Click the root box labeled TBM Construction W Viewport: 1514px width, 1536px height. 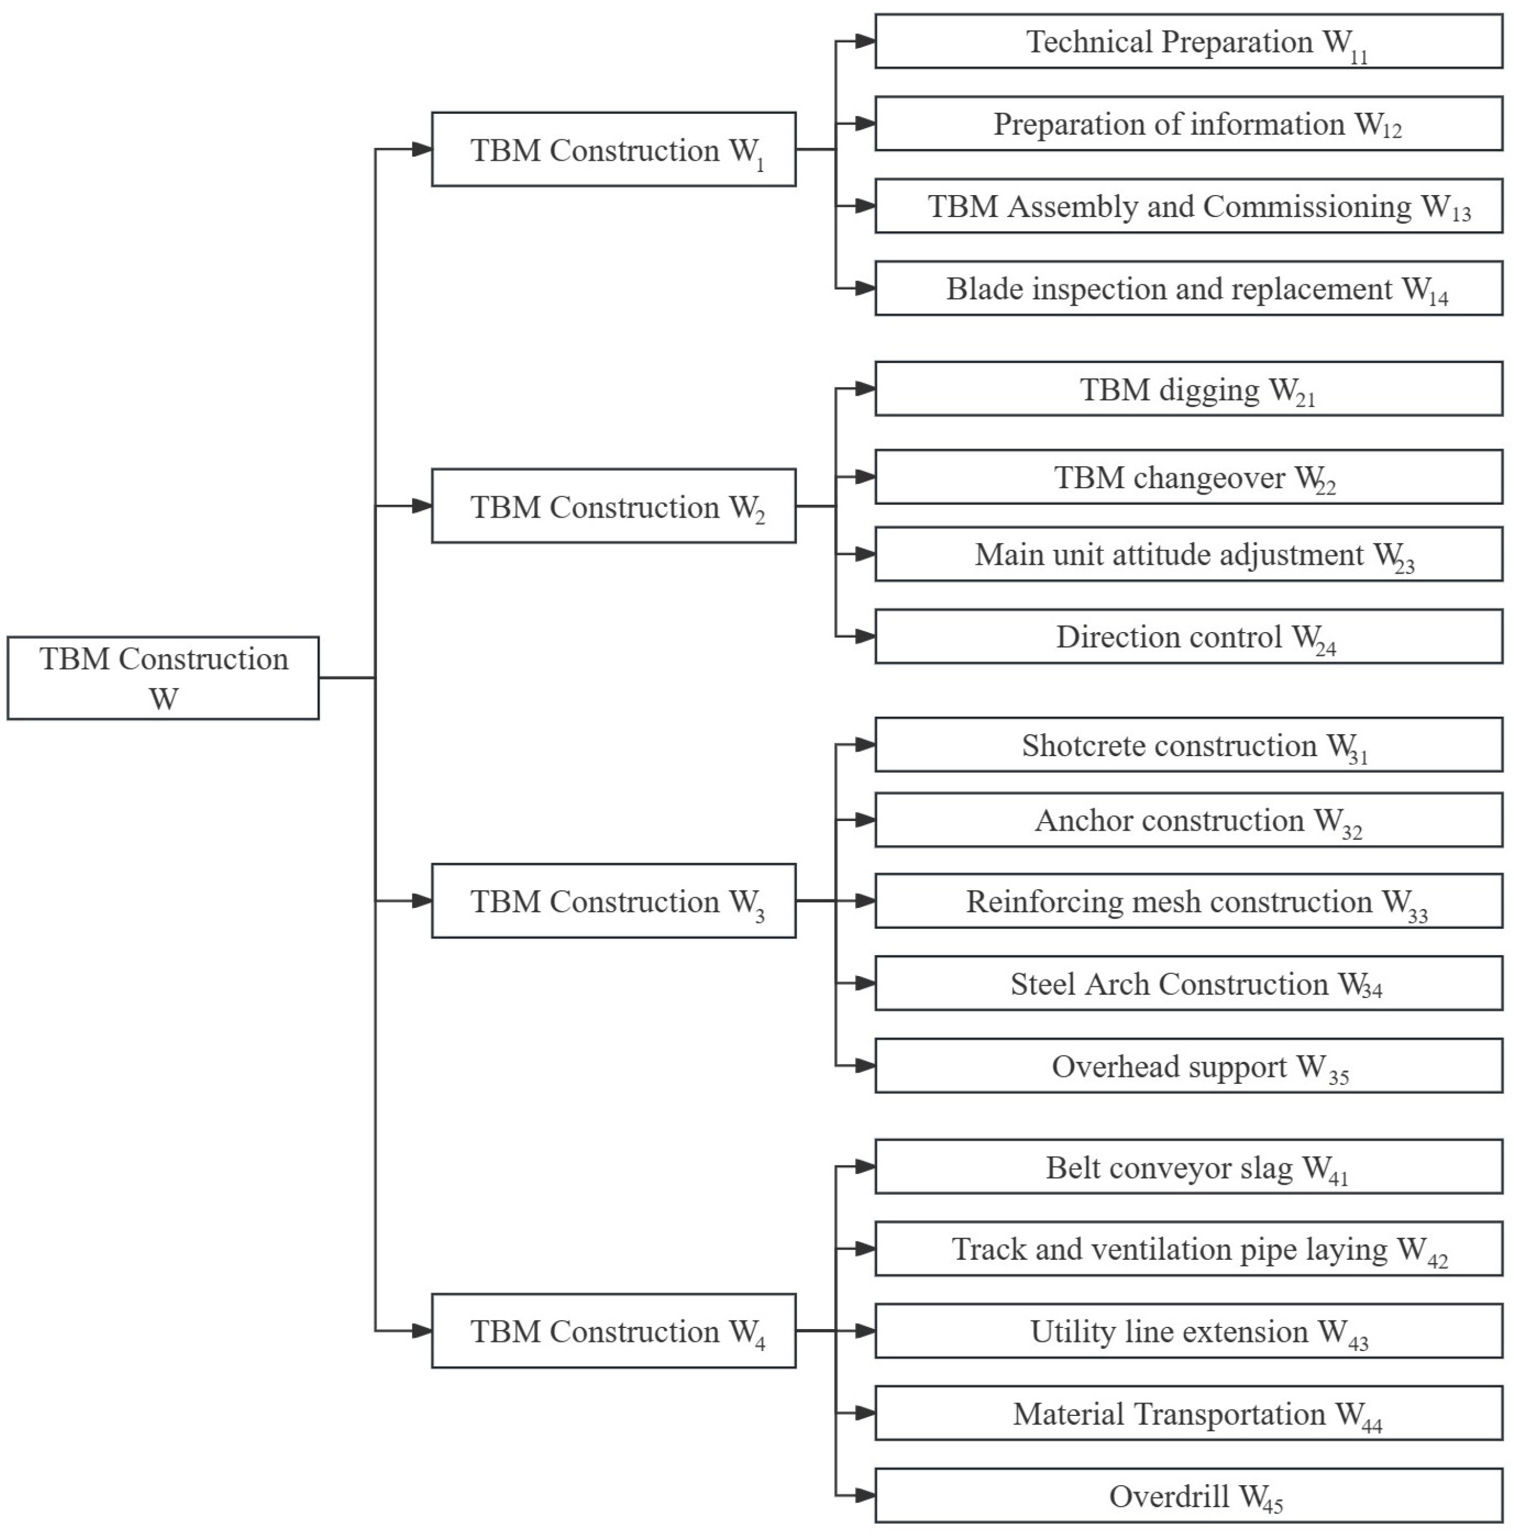[x=163, y=678]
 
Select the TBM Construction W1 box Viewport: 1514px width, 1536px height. [x=613, y=149]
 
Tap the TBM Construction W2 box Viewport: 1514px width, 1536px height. [x=613, y=506]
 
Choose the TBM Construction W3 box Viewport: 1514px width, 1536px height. [x=613, y=901]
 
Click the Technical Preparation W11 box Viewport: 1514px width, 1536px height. [x=1188, y=41]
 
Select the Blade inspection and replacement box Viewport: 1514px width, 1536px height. [x=1188, y=289]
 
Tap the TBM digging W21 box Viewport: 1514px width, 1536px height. [x=1188, y=390]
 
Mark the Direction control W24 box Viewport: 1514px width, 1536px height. [x=1188, y=637]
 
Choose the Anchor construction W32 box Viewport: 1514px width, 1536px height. [x=1188, y=820]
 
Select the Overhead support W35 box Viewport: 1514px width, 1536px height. [x=1188, y=1066]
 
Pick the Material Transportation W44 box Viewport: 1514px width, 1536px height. [x=1188, y=1414]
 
